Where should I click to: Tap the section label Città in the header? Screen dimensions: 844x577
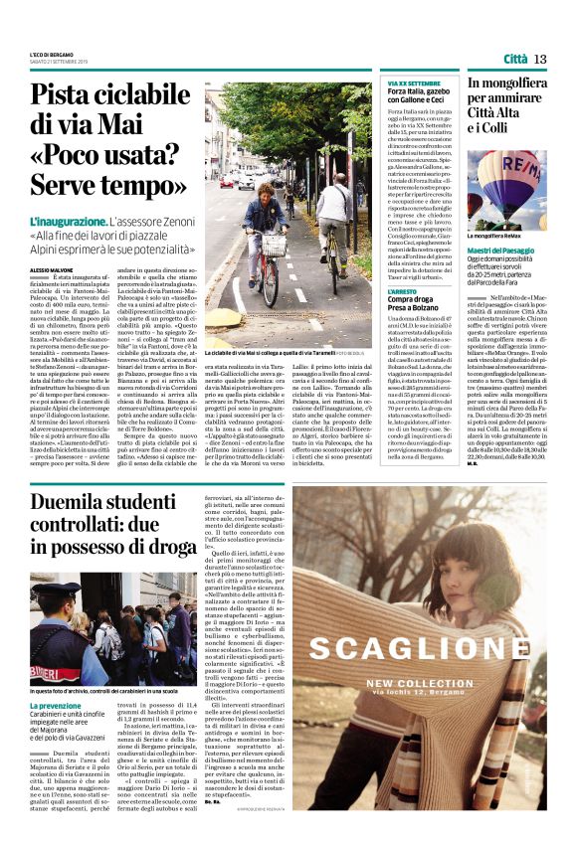[x=514, y=59]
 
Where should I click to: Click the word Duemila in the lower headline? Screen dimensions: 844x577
[x=78, y=499]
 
